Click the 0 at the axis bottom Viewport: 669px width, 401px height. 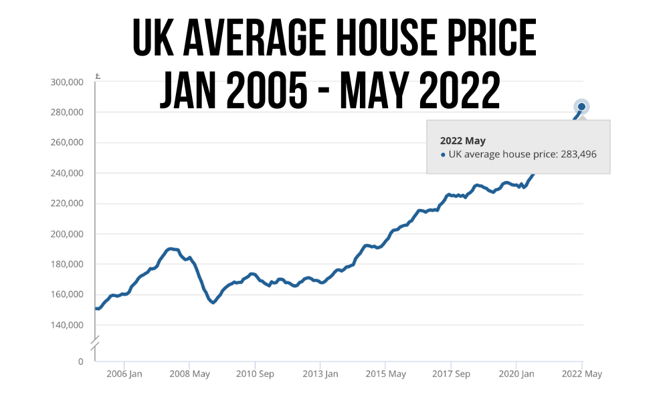[80, 362]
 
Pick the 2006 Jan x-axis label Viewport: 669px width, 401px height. [124, 374]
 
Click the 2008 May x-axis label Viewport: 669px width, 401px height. [191, 374]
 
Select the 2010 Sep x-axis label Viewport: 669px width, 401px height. [255, 374]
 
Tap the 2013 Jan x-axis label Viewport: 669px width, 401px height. [320, 374]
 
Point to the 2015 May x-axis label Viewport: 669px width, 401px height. [386, 374]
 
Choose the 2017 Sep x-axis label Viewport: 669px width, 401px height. [451, 374]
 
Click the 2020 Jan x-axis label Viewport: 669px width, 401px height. [516, 374]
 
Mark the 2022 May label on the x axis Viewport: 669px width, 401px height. [582, 374]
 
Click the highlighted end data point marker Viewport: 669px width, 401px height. [582, 107]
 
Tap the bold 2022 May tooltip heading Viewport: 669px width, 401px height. [462, 141]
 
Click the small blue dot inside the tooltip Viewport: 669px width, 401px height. [443, 155]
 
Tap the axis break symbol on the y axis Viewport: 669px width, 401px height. [95, 342]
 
